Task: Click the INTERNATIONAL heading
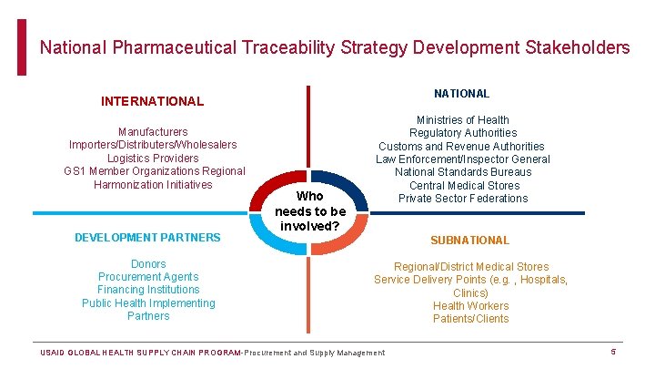point(153,101)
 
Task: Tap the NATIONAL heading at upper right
point(461,93)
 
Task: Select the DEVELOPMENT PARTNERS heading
point(147,237)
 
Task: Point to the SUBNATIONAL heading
point(469,241)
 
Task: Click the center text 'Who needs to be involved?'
point(310,210)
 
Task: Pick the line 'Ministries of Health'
point(462,119)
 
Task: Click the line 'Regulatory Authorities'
point(462,133)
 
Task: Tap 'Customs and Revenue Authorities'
point(462,146)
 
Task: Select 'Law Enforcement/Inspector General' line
point(462,159)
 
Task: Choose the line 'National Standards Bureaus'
point(462,172)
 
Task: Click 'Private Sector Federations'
point(462,198)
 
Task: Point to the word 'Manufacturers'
point(153,132)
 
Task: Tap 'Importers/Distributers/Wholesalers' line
point(153,145)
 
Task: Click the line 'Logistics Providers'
point(153,158)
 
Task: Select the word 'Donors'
point(148,264)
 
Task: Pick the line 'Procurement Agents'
point(148,277)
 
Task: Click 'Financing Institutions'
point(148,290)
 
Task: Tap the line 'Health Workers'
point(470,306)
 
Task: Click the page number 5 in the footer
point(613,352)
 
